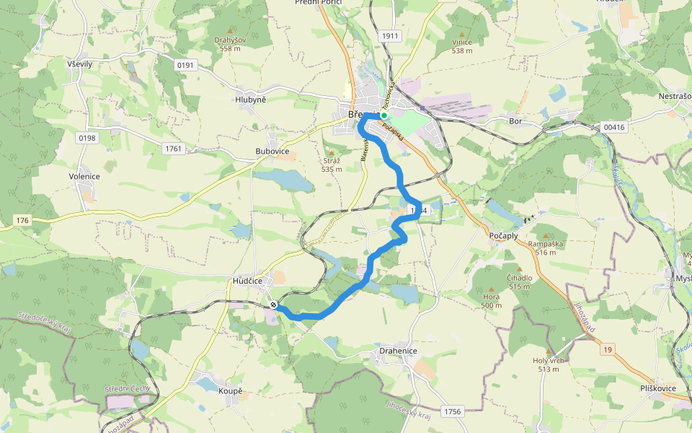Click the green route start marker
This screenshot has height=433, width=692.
pos(384,115)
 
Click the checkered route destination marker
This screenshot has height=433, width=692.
pos(274,305)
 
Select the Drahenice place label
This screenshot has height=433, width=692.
pos(398,351)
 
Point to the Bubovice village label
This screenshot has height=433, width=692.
pos(272,152)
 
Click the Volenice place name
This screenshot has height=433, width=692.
pos(84,176)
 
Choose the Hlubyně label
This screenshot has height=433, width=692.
pos(250,100)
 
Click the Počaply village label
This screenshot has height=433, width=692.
pos(504,236)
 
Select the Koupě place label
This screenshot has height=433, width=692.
pos(231,390)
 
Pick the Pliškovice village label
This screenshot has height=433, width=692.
pos(657,388)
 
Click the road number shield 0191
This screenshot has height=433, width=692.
pos(186,65)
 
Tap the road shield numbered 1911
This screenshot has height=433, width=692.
pos(390,35)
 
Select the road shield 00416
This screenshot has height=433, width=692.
pos(613,127)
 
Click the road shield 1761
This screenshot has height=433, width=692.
pos(174,149)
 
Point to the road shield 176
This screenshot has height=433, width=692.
pos(22,219)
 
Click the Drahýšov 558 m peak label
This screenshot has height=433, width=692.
pos(230,44)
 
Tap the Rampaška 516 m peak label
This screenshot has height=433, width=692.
pos(545,248)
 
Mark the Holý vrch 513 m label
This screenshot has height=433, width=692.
pos(548,365)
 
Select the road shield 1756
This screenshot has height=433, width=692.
pos(452,411)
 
